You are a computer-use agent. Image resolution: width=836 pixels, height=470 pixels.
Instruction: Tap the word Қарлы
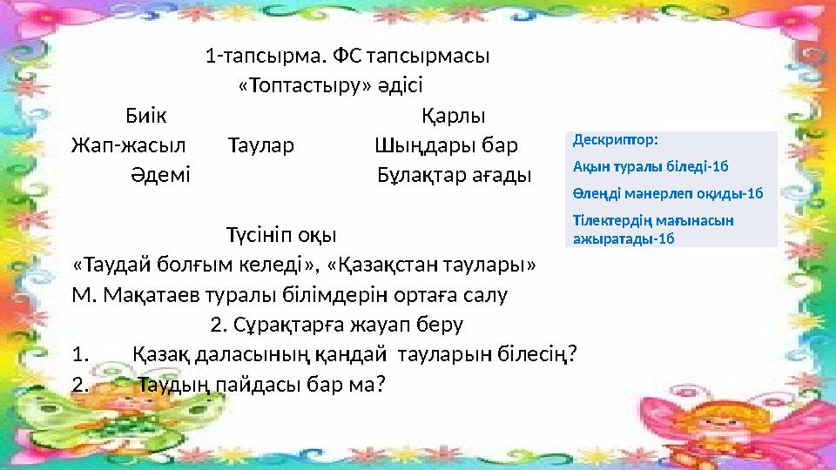453,116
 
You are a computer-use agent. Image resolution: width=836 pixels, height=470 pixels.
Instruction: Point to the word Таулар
261,144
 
